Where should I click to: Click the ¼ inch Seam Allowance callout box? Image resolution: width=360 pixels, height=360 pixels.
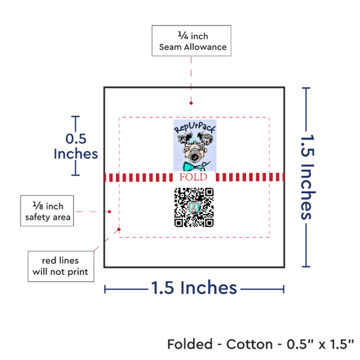[x=192, y=41]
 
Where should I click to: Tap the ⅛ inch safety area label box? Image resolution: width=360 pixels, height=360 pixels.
[x=47, y=211]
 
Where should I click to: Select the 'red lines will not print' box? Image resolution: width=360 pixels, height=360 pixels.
[x=61, y=266]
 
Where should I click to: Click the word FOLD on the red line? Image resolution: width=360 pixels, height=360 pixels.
[x=193, y=177]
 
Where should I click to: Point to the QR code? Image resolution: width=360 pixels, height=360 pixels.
[x=194, y=207]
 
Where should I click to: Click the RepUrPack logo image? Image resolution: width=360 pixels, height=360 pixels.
[x=194, y=145]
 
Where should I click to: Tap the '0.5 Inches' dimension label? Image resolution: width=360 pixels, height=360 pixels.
[x=76, y=146]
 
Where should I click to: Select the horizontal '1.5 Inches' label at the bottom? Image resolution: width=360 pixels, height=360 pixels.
[x=194, y=287]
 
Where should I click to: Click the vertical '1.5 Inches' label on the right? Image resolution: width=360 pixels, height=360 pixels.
[x=308, y=177]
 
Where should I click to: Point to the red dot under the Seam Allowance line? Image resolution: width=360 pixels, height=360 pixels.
[x=191, y=103]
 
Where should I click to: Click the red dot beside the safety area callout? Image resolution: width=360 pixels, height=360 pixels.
[x=109, y=211]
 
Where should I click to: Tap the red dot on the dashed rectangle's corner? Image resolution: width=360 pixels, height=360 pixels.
[x=119, y=229]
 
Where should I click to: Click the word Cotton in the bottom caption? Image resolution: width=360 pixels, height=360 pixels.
[x=249, y=344]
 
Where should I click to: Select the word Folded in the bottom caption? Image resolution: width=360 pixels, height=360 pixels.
[x=190, y=344]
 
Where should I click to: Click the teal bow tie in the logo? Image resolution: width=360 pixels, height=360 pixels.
[x=194, y=166]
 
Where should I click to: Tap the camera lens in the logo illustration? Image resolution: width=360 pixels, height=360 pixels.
[x=194, y=157]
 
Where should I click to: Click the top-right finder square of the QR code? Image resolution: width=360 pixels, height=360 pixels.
[x=209, y=192]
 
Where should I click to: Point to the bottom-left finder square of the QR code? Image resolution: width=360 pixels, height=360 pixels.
[x=179, y=223]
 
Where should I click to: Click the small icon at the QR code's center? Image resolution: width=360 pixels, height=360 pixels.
[x=194, y=207]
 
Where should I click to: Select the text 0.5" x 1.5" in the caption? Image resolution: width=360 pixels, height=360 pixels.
[x=320, y=344]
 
